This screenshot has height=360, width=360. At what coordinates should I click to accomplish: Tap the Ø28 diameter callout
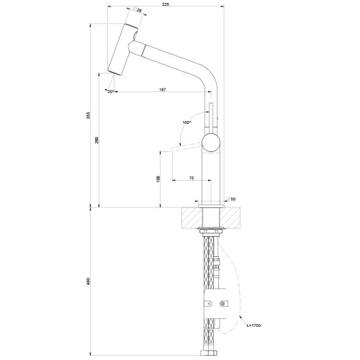point(138,10)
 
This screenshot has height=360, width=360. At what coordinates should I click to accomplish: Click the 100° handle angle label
point(187,124)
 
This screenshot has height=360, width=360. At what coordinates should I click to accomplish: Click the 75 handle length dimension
point(191,177)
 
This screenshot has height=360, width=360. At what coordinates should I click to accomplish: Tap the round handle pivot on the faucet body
point(210,142)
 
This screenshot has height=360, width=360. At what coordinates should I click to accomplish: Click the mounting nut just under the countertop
point(211,230)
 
